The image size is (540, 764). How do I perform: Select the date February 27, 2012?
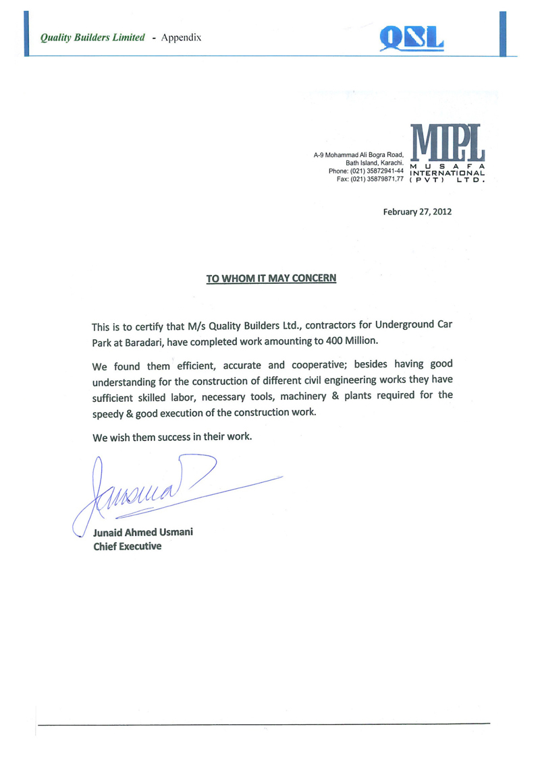coord(417,212)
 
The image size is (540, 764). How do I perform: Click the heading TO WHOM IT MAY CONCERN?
coord(271,278)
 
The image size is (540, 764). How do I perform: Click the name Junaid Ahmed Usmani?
coord(142,533)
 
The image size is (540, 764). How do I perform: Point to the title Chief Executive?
coord(127,546)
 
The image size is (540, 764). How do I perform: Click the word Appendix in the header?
coord(182,37)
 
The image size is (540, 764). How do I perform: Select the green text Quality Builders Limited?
coord(92,38)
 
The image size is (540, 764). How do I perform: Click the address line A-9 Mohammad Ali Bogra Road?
coord(358,156)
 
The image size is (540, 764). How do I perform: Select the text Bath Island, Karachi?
coord(375,163)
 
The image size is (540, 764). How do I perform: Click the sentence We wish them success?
coord(172,436)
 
